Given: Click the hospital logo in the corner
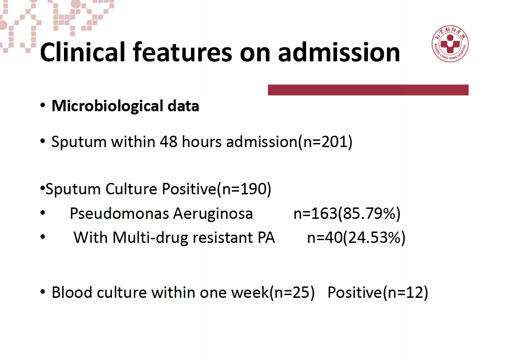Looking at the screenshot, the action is click(x=450, y=44).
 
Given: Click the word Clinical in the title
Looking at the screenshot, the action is click(x=83, y=52).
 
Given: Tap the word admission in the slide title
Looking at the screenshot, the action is click(x=339, y=52).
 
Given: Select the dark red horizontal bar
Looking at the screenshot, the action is click(x=368, y=90).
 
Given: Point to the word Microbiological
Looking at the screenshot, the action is click(x=108, y=106).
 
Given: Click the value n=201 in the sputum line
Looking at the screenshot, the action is click(x=325, y=142).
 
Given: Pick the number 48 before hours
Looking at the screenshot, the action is click(x=168, y=142).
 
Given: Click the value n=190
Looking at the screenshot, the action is click(x=244, y=189).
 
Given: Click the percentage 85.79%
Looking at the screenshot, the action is click(x=369, y=213).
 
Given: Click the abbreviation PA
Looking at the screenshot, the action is click(x=266, y=237).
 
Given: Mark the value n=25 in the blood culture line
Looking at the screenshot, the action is click(x=292, y=292).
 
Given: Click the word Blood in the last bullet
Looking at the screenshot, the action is click(x=72, y=292).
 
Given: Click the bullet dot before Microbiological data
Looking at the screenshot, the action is click(x=43, y=105).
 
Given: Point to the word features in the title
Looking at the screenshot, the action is click(x=182, y=52).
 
